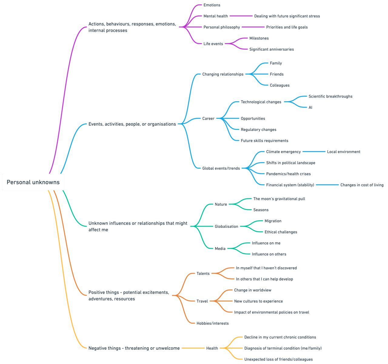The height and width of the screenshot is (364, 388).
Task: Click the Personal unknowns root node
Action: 33,182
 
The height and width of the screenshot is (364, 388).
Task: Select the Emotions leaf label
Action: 212,5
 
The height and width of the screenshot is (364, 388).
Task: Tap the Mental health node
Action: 216,16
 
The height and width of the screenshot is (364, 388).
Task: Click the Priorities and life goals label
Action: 287,27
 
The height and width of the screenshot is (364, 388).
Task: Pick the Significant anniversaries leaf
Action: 271,49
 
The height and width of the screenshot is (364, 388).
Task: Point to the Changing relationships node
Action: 223,74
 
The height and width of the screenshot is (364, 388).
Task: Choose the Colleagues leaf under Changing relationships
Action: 279,85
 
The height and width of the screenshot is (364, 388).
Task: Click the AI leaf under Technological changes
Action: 310,107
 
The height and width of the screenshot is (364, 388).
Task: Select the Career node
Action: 208,119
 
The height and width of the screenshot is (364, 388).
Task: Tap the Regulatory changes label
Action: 258,130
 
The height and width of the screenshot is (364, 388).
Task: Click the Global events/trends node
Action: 221,168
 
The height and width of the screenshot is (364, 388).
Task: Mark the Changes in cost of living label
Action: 362,185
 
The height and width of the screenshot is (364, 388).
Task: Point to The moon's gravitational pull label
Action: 279,199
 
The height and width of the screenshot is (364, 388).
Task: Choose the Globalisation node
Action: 226,227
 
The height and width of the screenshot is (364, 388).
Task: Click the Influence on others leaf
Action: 269,254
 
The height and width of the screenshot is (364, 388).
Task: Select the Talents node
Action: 203,274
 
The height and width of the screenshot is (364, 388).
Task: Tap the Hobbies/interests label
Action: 212,323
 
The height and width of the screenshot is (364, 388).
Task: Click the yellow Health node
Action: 212,348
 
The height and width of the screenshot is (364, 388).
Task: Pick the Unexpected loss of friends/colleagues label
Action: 278,359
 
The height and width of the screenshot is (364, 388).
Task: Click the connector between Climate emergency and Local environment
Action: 314,152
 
